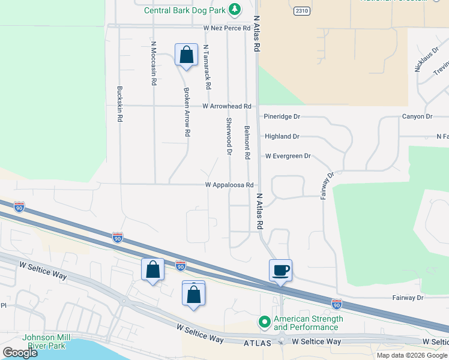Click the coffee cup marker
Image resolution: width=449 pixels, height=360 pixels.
point(280,270)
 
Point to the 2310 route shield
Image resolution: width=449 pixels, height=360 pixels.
point(302,11)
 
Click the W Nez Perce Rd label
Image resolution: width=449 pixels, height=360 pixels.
point(226,28)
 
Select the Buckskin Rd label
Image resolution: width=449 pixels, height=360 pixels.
point(119,104)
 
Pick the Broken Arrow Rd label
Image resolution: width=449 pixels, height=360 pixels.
point(187,112)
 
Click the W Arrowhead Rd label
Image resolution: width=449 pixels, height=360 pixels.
point(226,106)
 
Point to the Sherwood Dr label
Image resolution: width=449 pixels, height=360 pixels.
point(229,136)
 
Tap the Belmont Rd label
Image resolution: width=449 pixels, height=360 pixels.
point(247,142)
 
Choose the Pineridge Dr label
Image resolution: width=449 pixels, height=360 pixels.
point(282,116)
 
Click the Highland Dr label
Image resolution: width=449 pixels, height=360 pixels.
point(282,137)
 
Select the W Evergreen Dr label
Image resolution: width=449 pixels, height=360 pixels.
point(288,156)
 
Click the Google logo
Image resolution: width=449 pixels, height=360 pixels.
point(20,352)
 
